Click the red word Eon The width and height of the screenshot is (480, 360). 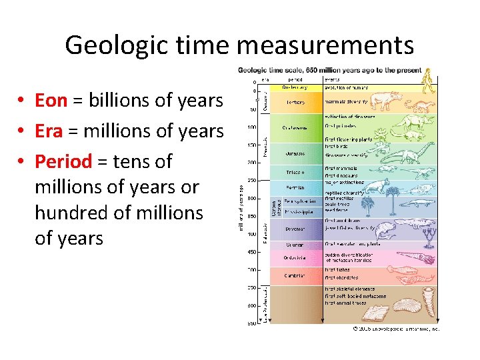click(x=51, y=101)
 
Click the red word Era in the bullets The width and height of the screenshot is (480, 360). click(x=48, y=131)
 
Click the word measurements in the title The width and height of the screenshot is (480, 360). click(x=324, y=45)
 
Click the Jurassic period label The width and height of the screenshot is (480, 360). click(x=294, y=153)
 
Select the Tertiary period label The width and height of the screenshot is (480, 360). click(x=295, y=103)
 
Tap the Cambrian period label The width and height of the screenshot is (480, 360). click(x=295, y=275)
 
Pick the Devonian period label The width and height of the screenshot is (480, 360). click(x=295, y=228)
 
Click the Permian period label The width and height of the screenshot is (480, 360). click(x=295, y=188)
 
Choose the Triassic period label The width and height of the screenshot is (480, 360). click(x=295, y=171)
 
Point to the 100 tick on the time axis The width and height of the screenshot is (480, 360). click(x=253, y=127)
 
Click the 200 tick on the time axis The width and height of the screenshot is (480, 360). click(x=253, y=163)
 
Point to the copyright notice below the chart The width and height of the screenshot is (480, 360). click(x=396, y=329)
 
